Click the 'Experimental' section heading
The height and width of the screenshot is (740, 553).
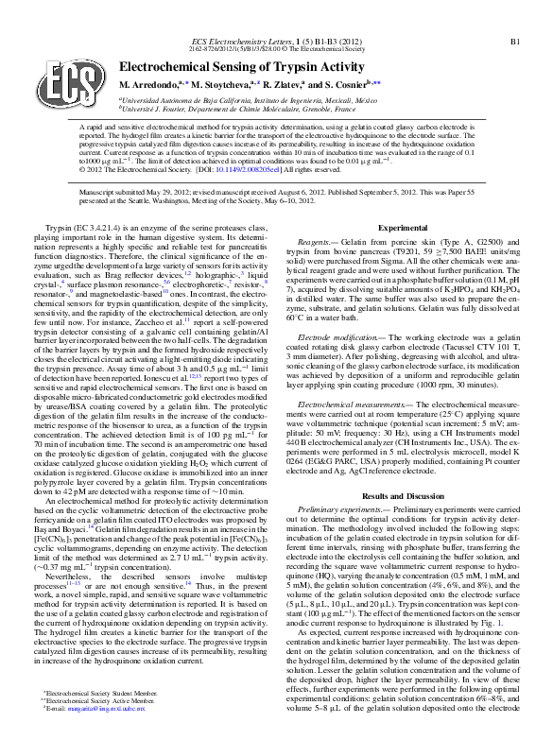tap(403, 229)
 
